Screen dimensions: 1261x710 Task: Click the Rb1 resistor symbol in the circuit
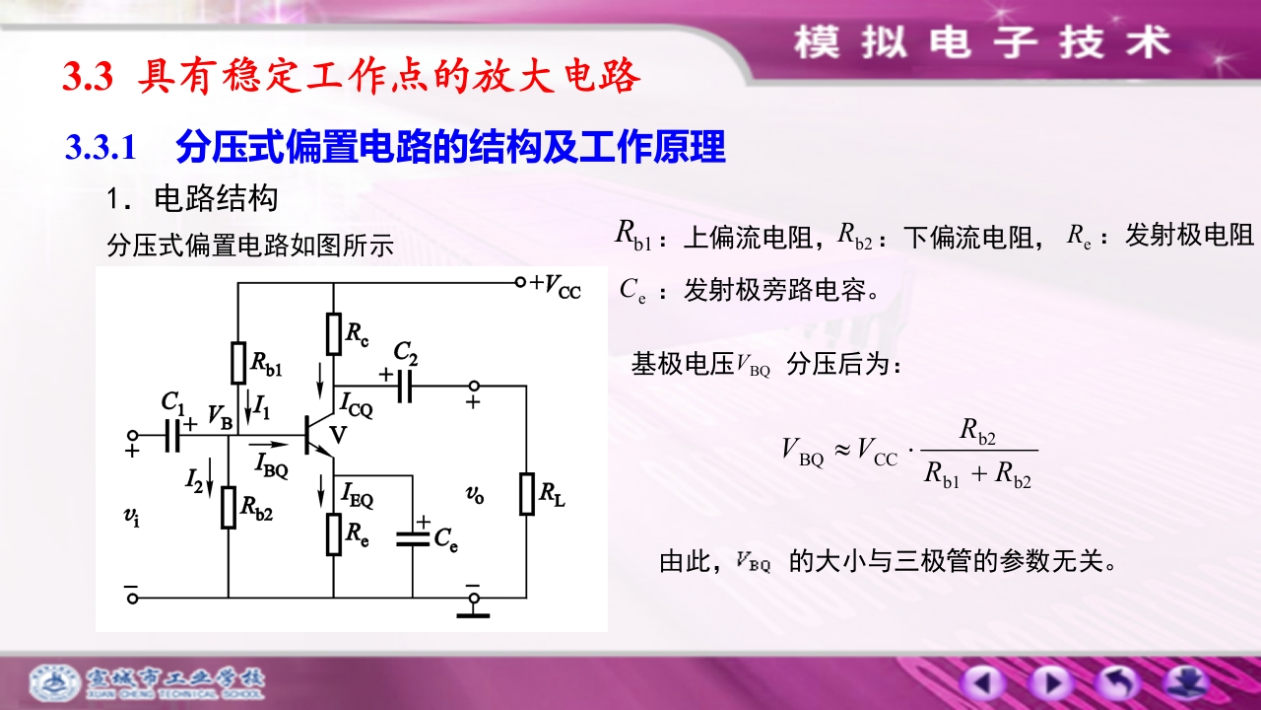tap(238, 363)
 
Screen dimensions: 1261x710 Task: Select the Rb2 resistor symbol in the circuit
tap(228, 508)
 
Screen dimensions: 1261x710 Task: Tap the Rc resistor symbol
tap(334, 334)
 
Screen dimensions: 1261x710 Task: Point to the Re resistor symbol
tap(334, 534)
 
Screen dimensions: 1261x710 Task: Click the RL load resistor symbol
tap(527, 494)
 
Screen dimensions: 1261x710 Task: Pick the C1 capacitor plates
tap(172, 436)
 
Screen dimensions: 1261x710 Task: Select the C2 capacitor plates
tap(404, 387)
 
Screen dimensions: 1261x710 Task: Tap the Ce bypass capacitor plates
tap(413, 539)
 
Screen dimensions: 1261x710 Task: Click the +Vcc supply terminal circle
tap(521, 282)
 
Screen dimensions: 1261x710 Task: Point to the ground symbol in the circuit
tap(473, 613)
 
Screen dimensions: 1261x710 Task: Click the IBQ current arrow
tap(268, 445)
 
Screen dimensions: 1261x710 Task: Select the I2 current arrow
tap(210, 478)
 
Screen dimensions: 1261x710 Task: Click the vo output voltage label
tap(475, 495)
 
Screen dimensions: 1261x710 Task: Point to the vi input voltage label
tap(132, 516)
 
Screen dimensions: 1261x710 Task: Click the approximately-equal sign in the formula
tap(842, 450)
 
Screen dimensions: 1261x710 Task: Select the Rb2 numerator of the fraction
tap(978, 432)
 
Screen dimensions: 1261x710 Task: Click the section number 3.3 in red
tap(88, 76)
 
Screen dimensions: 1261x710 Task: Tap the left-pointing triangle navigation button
tap(982, 683)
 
